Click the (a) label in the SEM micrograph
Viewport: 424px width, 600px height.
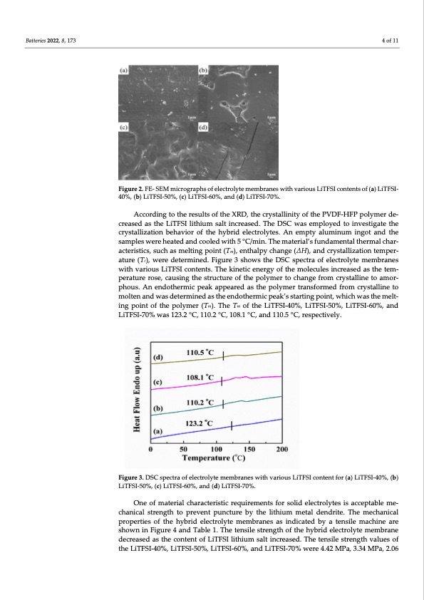pyautogui.click(x=124, y=71)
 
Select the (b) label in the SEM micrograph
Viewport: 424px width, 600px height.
pyautogui.click(x=203, y=71)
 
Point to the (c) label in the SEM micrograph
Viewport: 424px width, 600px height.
pyautogui.click(x=124, y=128)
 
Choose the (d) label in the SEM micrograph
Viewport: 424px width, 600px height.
pyautogui.click(x=204, y=128)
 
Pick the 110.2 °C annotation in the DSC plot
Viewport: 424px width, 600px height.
pyautogui.click(x=202, y=403)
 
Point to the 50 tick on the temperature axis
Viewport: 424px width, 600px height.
pyautogui.click(x=183, y=449)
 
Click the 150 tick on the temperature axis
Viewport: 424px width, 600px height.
pyautogui.click(x=249, y=449)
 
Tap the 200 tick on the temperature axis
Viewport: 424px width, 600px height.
pyautogui.click(x=282, y=449)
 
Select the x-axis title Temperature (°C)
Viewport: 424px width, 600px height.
pyautogui.click(x=216, y=458)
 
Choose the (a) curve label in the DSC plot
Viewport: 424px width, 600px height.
pyautogui.click(x=159, y=431)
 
